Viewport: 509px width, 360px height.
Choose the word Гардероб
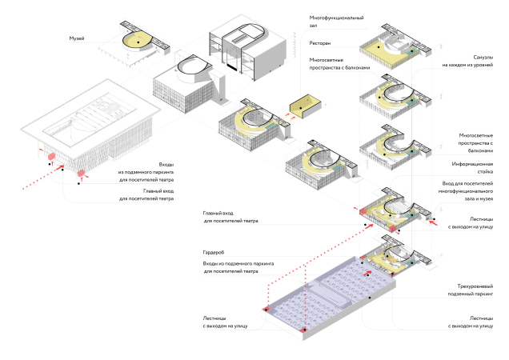tap(214, 251)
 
